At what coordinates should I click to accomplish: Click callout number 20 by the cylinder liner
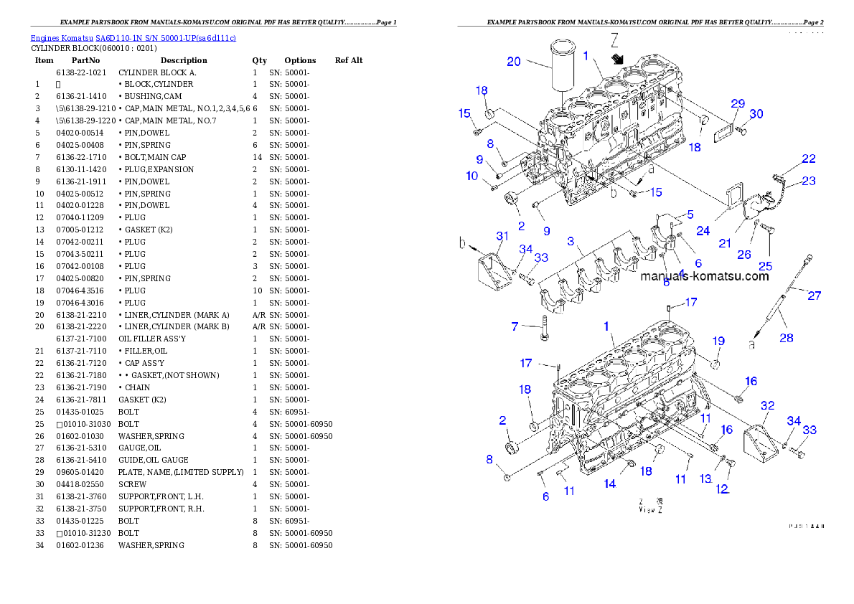tap(514, 62)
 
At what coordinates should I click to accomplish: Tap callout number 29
tap(738, 104)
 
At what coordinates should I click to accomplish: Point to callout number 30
tap(756, 114)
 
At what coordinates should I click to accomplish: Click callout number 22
tap(809, 159)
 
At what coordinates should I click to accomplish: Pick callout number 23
tap(809, 181)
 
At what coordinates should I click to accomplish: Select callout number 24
tap(703, 231)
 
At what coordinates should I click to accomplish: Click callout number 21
tap(725, 244)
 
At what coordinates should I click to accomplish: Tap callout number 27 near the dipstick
tap(814, 295)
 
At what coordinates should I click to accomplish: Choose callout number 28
tap(787, 337)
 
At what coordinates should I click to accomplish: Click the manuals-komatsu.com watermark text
tap(704, 276)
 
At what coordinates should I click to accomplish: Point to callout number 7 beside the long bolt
tap(515, 327)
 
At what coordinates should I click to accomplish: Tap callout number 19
tap(718, 341)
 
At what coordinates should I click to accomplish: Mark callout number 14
tap(609, 484)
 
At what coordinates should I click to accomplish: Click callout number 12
tap(721, 489)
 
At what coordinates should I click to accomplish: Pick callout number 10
tap(471, 176)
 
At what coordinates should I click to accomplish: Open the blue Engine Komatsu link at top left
tap(133, 37)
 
